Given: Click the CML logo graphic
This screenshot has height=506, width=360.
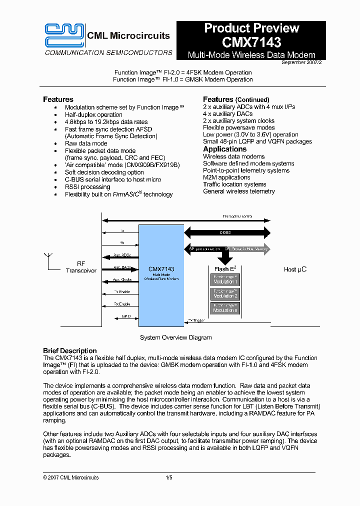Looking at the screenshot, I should tap(64, 35).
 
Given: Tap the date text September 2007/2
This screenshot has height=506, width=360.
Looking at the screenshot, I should tap(298, 62).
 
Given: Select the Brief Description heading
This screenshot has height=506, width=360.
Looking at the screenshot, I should tap(69, 350).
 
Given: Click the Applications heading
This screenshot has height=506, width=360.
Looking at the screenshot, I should tap(224, 149).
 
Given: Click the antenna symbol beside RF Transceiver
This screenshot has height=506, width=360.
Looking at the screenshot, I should tap(47, 260).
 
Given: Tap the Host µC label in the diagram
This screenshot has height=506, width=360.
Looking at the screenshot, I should tap(295, 269).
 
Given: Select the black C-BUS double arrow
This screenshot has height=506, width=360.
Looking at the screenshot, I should tap(228, 232).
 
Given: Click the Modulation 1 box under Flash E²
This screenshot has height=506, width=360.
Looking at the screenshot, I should tap(225, 279).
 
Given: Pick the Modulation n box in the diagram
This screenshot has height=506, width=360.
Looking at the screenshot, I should tap(225, 308).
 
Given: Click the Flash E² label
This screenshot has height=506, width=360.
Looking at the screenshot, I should tap(225, 268).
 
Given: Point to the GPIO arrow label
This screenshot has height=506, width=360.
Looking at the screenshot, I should tap(126, 316).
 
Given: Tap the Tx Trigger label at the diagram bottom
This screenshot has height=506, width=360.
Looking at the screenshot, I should tap(195, 321).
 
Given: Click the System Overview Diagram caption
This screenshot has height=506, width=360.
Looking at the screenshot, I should tap(175, 337).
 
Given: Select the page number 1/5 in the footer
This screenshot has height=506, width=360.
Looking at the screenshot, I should tap(169, 477).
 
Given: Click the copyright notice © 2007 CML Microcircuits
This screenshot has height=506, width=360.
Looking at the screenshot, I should tap(70, 477).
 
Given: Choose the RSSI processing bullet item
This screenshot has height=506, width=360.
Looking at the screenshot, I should tap(87, 187).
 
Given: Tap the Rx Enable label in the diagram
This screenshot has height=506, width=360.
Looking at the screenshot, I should tap(122, 304).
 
